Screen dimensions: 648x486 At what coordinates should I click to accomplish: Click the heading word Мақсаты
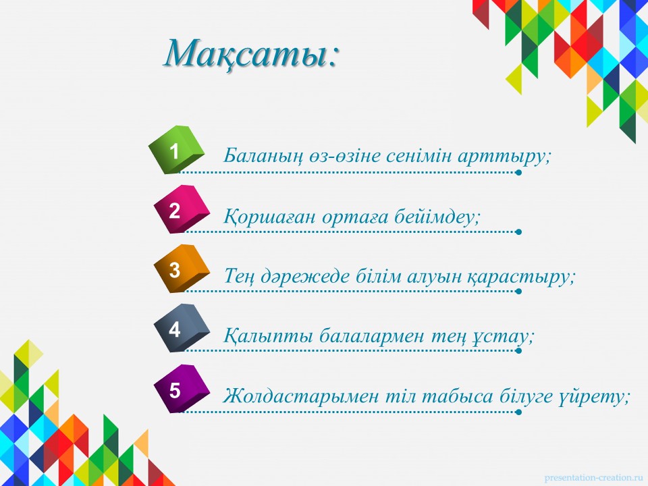(x=247, y=54)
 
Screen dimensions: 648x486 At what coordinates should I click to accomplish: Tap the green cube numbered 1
(x=176, y=150)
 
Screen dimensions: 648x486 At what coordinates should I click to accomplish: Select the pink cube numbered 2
(x=182, y=209)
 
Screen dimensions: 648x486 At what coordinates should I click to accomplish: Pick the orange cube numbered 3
(x=182, y=269)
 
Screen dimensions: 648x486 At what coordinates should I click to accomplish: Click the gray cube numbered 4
(x=182, y=328)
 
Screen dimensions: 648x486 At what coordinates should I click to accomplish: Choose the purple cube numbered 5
(x=182, y=389)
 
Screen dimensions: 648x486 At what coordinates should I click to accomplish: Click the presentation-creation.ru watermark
(x=594, y=478)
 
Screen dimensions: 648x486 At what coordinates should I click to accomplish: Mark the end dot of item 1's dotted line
(x=518, y=172)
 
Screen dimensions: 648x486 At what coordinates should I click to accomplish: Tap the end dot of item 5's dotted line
(x=518, y=412)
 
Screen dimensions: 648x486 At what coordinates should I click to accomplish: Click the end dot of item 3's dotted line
(x=518, y=292)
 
